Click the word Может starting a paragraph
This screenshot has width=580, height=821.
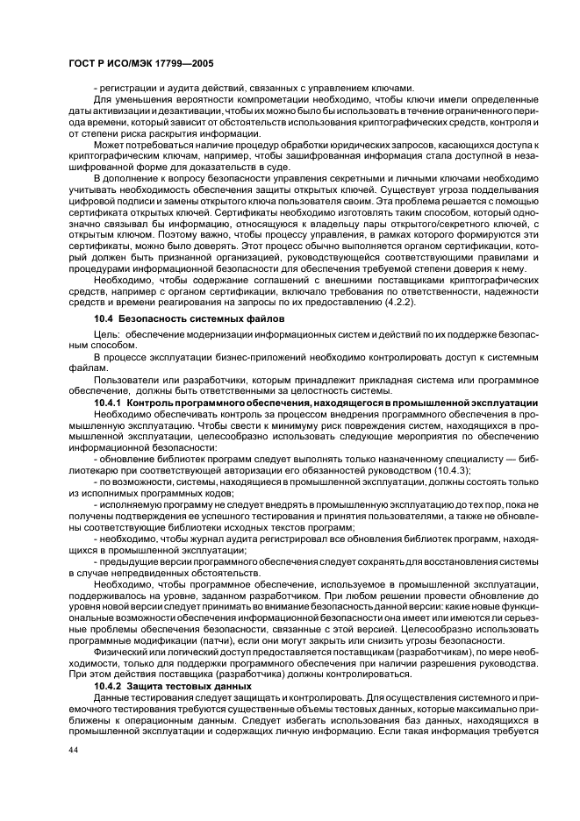(109, 144)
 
